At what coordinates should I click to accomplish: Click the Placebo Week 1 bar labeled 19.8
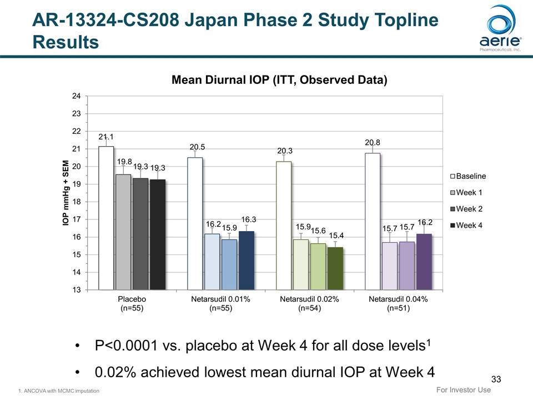(123, 232)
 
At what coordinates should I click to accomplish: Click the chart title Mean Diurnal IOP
(279, 81)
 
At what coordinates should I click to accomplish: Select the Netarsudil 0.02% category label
(309, 304)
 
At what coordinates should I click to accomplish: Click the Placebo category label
(132, 304)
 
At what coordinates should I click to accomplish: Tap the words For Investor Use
(462, 389)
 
